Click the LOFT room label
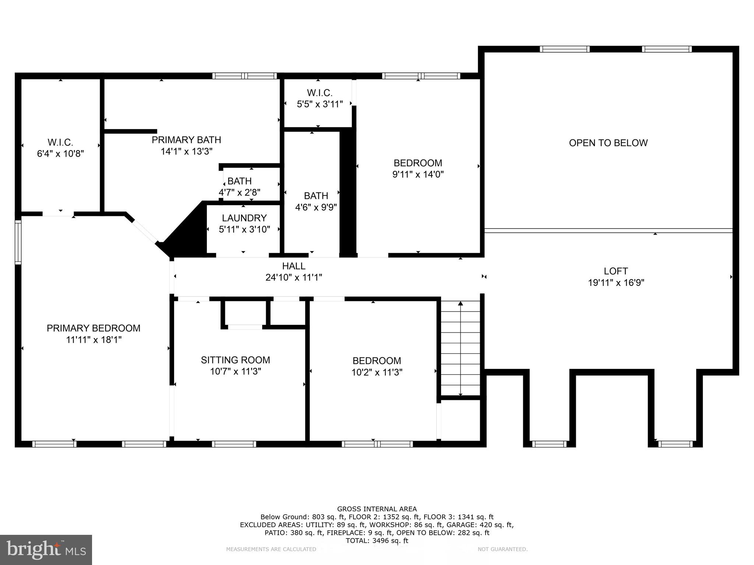616,271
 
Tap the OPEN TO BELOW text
608,143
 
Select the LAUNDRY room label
244,218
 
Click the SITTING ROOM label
235,360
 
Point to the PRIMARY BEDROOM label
94,328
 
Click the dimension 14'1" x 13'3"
187,151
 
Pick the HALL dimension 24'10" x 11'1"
293,277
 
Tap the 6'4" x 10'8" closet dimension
60,153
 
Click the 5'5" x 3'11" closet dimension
320,104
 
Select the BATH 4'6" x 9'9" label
316,196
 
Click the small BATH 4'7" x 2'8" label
240,181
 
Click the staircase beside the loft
461,348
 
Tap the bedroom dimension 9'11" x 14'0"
418,174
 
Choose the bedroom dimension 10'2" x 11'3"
377,372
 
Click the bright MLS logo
46,550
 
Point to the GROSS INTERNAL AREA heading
377,509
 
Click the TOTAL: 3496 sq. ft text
377,541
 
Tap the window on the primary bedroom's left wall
18,242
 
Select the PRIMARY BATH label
186,140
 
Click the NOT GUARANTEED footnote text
503,549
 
